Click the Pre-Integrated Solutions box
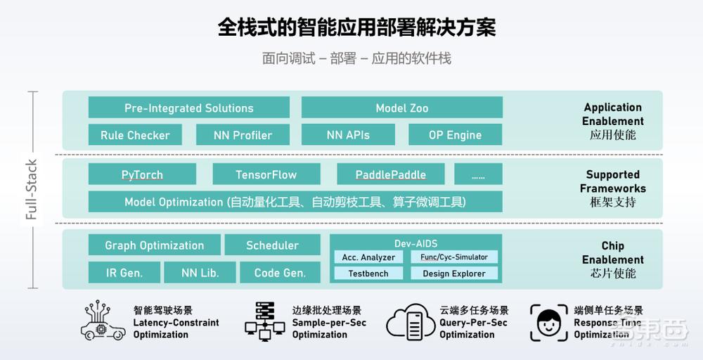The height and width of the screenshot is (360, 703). click(188, 108)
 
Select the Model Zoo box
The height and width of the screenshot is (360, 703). click(401, 108)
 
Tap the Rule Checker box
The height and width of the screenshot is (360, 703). click(134, 135)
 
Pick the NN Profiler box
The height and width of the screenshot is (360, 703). click(243, 135)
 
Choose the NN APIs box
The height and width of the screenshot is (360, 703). click(347, 135)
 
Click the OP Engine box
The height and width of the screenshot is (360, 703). click(455, 135)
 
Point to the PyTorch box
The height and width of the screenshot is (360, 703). click(141, 174)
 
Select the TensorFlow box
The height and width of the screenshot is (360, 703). click(266, 174)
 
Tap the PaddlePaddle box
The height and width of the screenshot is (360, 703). click(390, 174)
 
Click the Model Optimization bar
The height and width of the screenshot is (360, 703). click(295, 202)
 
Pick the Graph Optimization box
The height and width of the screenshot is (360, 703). click(154, 245)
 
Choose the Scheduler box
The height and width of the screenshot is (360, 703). click(272, 245)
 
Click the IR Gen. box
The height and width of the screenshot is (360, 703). click(124, 273)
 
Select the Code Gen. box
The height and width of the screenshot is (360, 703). click(280, 273)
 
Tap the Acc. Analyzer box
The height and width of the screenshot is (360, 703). click(368, 257)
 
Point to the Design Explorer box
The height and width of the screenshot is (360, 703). click(454, 274)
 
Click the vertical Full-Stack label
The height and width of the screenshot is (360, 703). click(31, 190)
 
